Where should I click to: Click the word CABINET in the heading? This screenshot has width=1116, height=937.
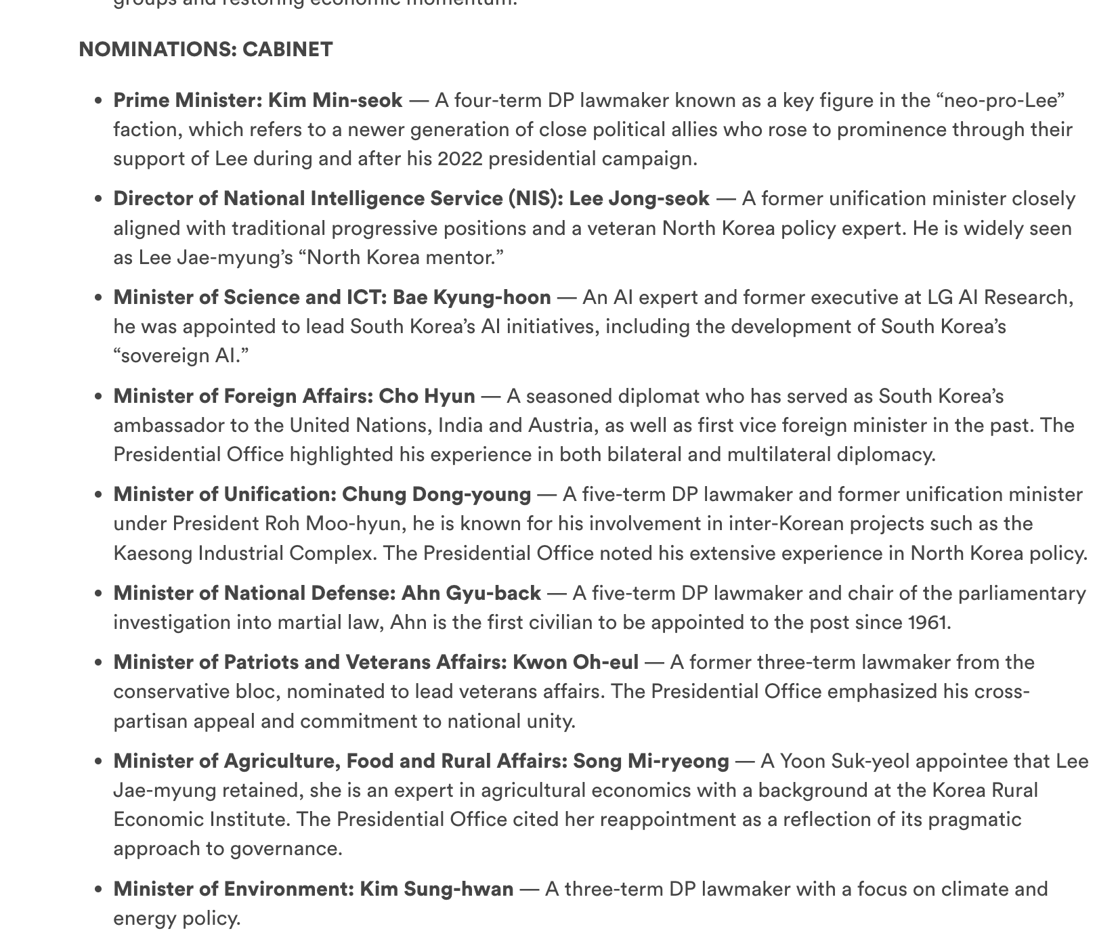(x=287, y=49)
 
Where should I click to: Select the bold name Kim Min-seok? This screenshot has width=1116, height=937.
(x=335, y=100)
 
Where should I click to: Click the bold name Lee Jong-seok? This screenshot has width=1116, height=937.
(x=639, y=198)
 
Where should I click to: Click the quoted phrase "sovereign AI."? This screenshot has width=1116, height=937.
(x=181, y=355)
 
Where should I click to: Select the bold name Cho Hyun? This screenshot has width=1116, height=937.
(x=427, y=396)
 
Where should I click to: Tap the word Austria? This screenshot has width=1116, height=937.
(x=557, y=425)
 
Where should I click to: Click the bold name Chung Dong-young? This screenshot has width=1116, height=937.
(x=436, y=494)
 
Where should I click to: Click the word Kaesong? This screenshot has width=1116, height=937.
(x=152, y=553)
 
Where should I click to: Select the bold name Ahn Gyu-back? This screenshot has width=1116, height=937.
(x=471, y=593)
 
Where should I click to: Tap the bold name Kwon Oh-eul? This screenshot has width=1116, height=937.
(x=576, y=662)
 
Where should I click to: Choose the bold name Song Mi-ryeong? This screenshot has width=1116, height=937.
(x=651, y=761)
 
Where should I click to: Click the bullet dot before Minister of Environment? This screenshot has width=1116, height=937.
(x=99, y=890)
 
